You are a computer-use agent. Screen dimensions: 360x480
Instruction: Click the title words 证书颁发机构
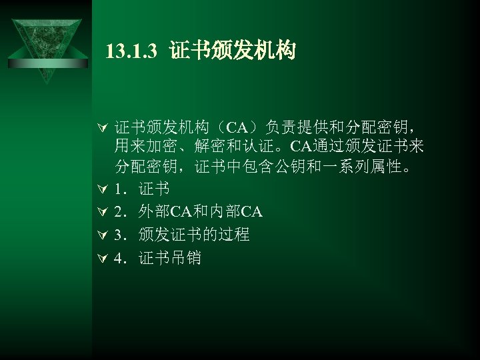tap(232, 51)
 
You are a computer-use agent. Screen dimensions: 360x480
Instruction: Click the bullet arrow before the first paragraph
tap(101, 127)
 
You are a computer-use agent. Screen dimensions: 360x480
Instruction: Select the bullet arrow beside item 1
tap(101, 192)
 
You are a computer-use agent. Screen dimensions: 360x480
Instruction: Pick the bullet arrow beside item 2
tap(101, 213)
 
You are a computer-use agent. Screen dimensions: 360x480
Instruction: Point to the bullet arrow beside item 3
tap(101, 235)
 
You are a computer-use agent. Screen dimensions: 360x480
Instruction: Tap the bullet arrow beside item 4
tap(101, 257)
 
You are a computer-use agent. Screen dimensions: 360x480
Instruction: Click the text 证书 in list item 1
tap(154, 191)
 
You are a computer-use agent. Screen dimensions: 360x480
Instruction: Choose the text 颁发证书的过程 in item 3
tap(195, 235)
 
